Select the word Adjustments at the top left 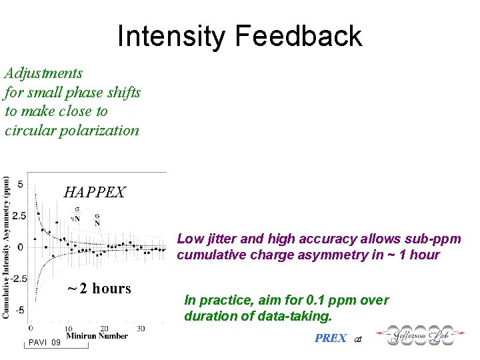[43, 73]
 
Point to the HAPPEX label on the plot [94, 193]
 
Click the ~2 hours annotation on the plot [99, 289]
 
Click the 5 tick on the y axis [21, 184]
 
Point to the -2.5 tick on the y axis [18, 279]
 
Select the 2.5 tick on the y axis [19, 216]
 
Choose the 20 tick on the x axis [104, 329]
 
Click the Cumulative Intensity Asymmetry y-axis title [7, 247]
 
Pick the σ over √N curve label [76, 213]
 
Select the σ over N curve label [98, 219]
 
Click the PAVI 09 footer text [45, 343]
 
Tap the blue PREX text [330, 338]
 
